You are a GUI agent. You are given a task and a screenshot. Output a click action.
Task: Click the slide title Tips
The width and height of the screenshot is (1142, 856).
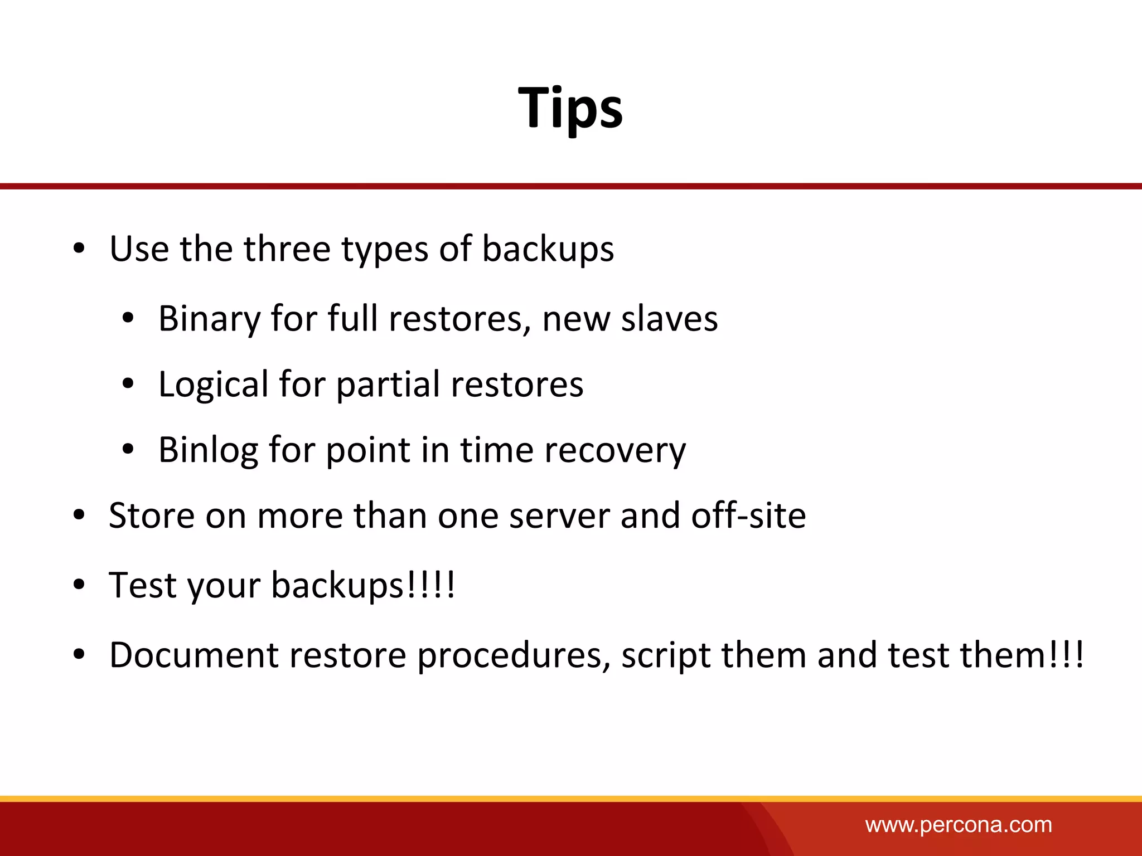(x=570, y=108)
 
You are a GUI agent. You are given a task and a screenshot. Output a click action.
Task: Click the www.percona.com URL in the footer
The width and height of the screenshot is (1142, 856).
(x=958, y=825)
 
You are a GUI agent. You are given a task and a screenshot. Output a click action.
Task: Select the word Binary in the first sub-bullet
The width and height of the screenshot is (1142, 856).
(x=209, y=320)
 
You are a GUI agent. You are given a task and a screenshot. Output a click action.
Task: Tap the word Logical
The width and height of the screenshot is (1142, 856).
(x=213, y=385)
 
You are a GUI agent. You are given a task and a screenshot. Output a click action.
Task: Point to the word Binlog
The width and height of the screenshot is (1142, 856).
(x=208, y=450)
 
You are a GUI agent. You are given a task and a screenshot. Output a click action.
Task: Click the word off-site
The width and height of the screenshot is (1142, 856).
(x=748, y=515)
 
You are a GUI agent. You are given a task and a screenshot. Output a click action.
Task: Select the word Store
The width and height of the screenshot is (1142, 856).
(x=152, y=515)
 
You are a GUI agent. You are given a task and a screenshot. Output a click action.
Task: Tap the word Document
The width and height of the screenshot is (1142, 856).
(x=193, y=655)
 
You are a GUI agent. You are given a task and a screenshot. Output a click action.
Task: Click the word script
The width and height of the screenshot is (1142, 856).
(x=666, y=656)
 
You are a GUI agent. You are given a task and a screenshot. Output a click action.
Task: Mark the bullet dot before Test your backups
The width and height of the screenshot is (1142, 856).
(x=79, y=585)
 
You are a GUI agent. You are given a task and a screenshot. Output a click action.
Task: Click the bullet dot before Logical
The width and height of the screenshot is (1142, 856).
(x=128, y=384)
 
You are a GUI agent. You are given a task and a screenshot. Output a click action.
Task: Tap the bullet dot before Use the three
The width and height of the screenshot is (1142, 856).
(x=79, y=249)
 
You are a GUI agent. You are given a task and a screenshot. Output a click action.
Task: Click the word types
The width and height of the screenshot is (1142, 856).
(x=385, y=250)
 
